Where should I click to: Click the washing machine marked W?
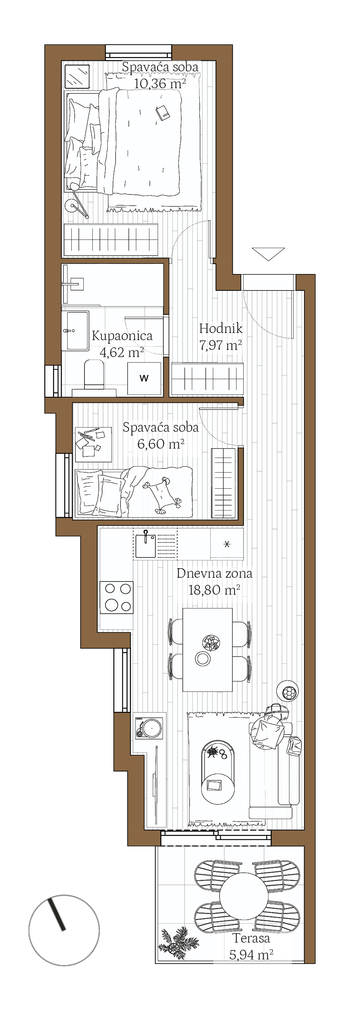tap(144, 378)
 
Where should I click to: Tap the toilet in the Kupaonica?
tap(94, 374)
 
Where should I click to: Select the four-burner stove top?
tap(116, 597)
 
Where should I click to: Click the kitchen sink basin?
tap(145, 546)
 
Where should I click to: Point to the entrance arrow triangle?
tap(268, 253)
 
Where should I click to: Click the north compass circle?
tap(64, 930)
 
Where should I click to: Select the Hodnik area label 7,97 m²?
tap(220, 345)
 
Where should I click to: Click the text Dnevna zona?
tap(214, 573)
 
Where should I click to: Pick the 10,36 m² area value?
tap(160, 83)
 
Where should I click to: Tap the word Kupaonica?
tap(122, 336)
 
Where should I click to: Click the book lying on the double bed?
tap(162, 113)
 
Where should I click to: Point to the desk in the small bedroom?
tap(93, 444)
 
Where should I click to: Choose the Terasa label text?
tap(252, 938)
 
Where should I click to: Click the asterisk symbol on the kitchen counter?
tap(227, 544)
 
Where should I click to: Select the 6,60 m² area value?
tap(161, 444)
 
